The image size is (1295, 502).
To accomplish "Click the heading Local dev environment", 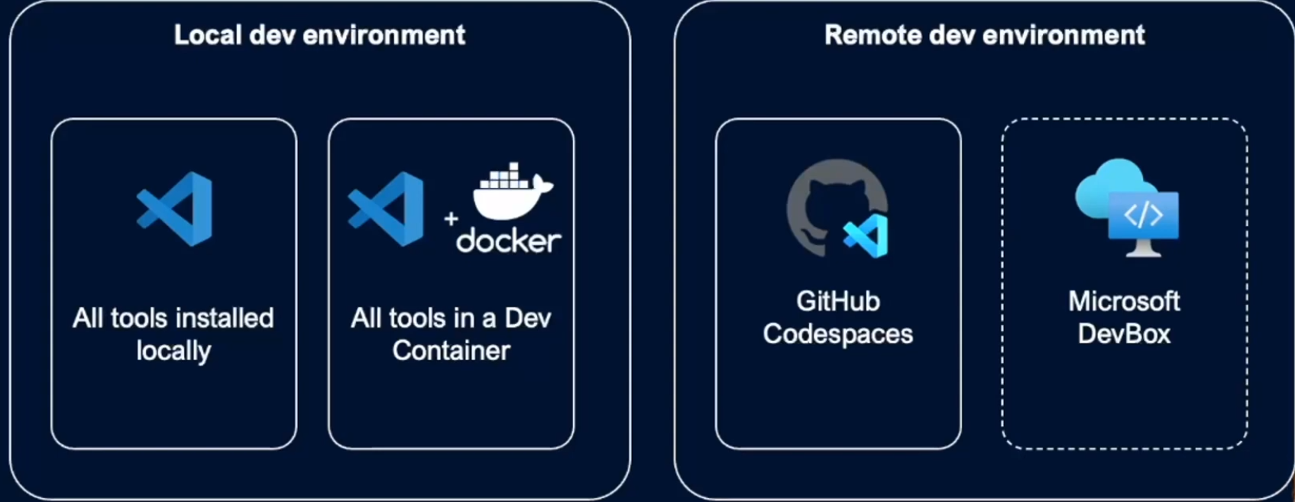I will (x=319, y=35).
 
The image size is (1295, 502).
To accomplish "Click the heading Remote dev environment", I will (x=984, y=35).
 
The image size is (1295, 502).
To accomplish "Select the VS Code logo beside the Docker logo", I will (x=387, y=209).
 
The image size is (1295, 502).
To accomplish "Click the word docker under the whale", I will (x=509, y=241).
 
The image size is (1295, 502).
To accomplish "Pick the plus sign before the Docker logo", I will (x=451, y=219).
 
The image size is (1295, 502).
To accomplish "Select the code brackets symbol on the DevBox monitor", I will (x=1143, y=215).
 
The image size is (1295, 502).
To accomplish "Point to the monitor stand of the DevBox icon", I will (x=1143, y=248).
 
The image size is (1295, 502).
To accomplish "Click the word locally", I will (x=173, y=351).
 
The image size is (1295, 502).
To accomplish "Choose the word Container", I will (x=451, y=351).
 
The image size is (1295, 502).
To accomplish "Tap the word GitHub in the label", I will (x=837, y=301).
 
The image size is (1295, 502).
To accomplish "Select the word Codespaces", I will (x=837, y=334).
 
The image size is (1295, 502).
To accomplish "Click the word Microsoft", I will (x=1124, y=301).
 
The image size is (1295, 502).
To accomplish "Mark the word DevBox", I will (x=1124, y=334).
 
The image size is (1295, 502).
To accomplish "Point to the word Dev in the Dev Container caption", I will (x=528, y=318).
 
